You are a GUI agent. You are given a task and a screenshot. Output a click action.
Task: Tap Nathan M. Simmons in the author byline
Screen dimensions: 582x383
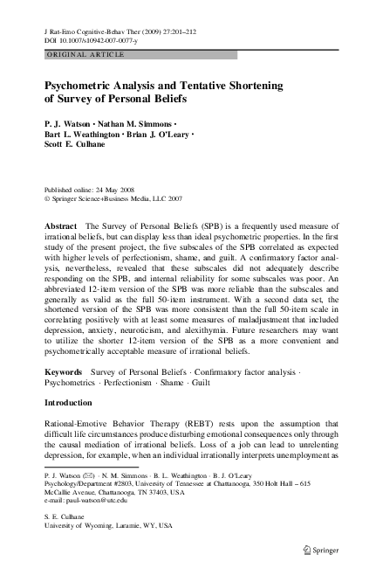coord(135,125)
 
